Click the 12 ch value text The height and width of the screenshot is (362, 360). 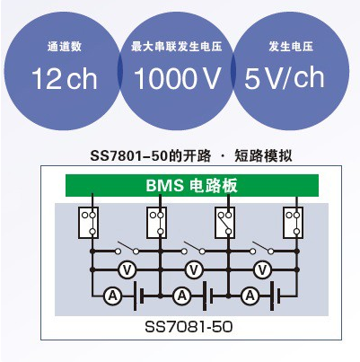click(65, 78)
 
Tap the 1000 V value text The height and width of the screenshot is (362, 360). click(177, 78)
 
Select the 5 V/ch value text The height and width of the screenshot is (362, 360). click(285, 78)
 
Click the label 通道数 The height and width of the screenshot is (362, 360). click(65, 47)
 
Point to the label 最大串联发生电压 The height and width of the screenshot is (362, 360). click(177, 47)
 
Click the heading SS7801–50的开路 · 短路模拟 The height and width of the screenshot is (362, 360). click(191, 156)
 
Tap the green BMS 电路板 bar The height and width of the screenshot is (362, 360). click(192, 185)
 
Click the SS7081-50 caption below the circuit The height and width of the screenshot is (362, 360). click(189, 327)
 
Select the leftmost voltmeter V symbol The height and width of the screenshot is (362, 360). click(127, 269)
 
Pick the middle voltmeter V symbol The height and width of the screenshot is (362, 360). click(194, 269)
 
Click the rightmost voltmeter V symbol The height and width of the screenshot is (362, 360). click(262, 269)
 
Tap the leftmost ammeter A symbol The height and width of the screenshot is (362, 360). click(112, 296)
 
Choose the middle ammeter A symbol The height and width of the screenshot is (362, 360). click(182, 296)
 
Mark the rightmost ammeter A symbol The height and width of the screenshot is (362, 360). click(250, 296)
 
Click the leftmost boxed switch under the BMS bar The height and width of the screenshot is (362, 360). click(89, 223)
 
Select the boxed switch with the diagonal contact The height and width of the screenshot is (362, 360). click(225, 223)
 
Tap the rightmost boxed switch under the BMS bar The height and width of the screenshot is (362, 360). click(294, 223)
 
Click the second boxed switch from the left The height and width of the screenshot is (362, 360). click(157, 223)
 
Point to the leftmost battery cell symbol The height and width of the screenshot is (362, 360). click(138, 296)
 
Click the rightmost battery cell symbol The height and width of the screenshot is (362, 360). click(276, 296)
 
